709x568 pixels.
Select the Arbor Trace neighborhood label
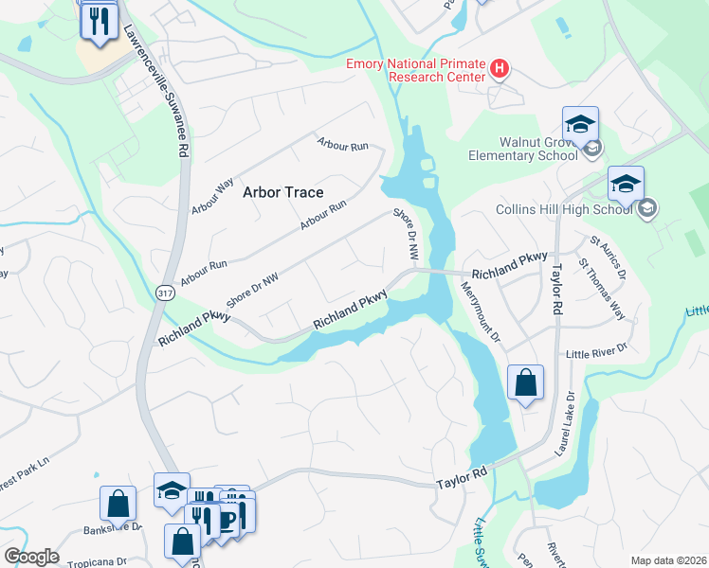[282, 192]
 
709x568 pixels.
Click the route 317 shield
[165, 294]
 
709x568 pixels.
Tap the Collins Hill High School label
[563, 209]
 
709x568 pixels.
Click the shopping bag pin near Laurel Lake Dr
[525, 383]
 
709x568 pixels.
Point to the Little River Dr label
[596, 351]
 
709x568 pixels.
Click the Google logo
[30, 557]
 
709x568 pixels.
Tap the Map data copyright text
[668, 560]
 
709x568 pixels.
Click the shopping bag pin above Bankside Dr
[118, 503]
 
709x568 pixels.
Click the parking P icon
[227, 519]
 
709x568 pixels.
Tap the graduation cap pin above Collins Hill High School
[626, 184]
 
